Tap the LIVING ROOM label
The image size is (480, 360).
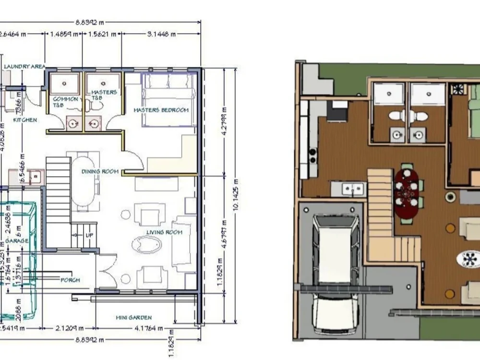click(164, 232)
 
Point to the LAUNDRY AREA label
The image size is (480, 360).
click(24, 66)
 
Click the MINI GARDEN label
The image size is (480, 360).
click(133, 317)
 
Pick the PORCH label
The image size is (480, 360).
click(70, 279)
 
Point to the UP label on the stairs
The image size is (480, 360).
click(89, 236)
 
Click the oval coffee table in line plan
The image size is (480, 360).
click(146, 244)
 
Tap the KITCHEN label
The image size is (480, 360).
click(25, 120)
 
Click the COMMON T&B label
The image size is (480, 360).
click(65, 101)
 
